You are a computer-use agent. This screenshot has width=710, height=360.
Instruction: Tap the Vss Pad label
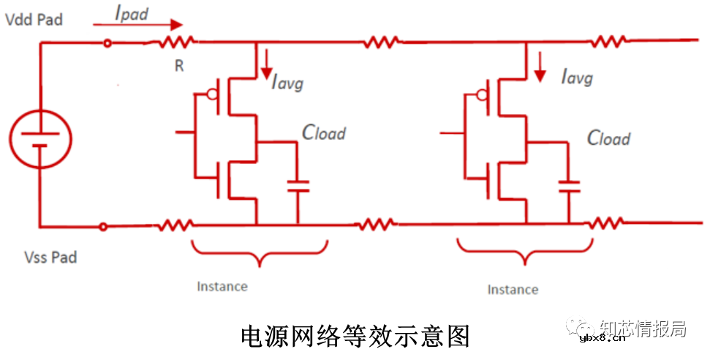[50, 258]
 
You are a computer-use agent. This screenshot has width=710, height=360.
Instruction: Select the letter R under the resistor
[178, 67]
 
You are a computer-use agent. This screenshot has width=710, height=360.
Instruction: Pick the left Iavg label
[287, 83]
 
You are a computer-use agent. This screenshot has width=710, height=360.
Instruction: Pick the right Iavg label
[577, 76]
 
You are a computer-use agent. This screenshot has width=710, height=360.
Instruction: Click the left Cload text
[323, 132]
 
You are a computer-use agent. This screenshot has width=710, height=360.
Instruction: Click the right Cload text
[608, 138]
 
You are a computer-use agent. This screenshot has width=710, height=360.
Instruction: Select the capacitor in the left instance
[297, 185]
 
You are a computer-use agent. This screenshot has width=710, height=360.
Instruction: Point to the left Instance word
[222, 286]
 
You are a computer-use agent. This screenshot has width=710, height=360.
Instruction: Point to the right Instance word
[513, 290]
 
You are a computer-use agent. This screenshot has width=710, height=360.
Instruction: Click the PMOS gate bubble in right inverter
[482, 94]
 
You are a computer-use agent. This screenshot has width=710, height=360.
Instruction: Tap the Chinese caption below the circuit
[355, 336]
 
